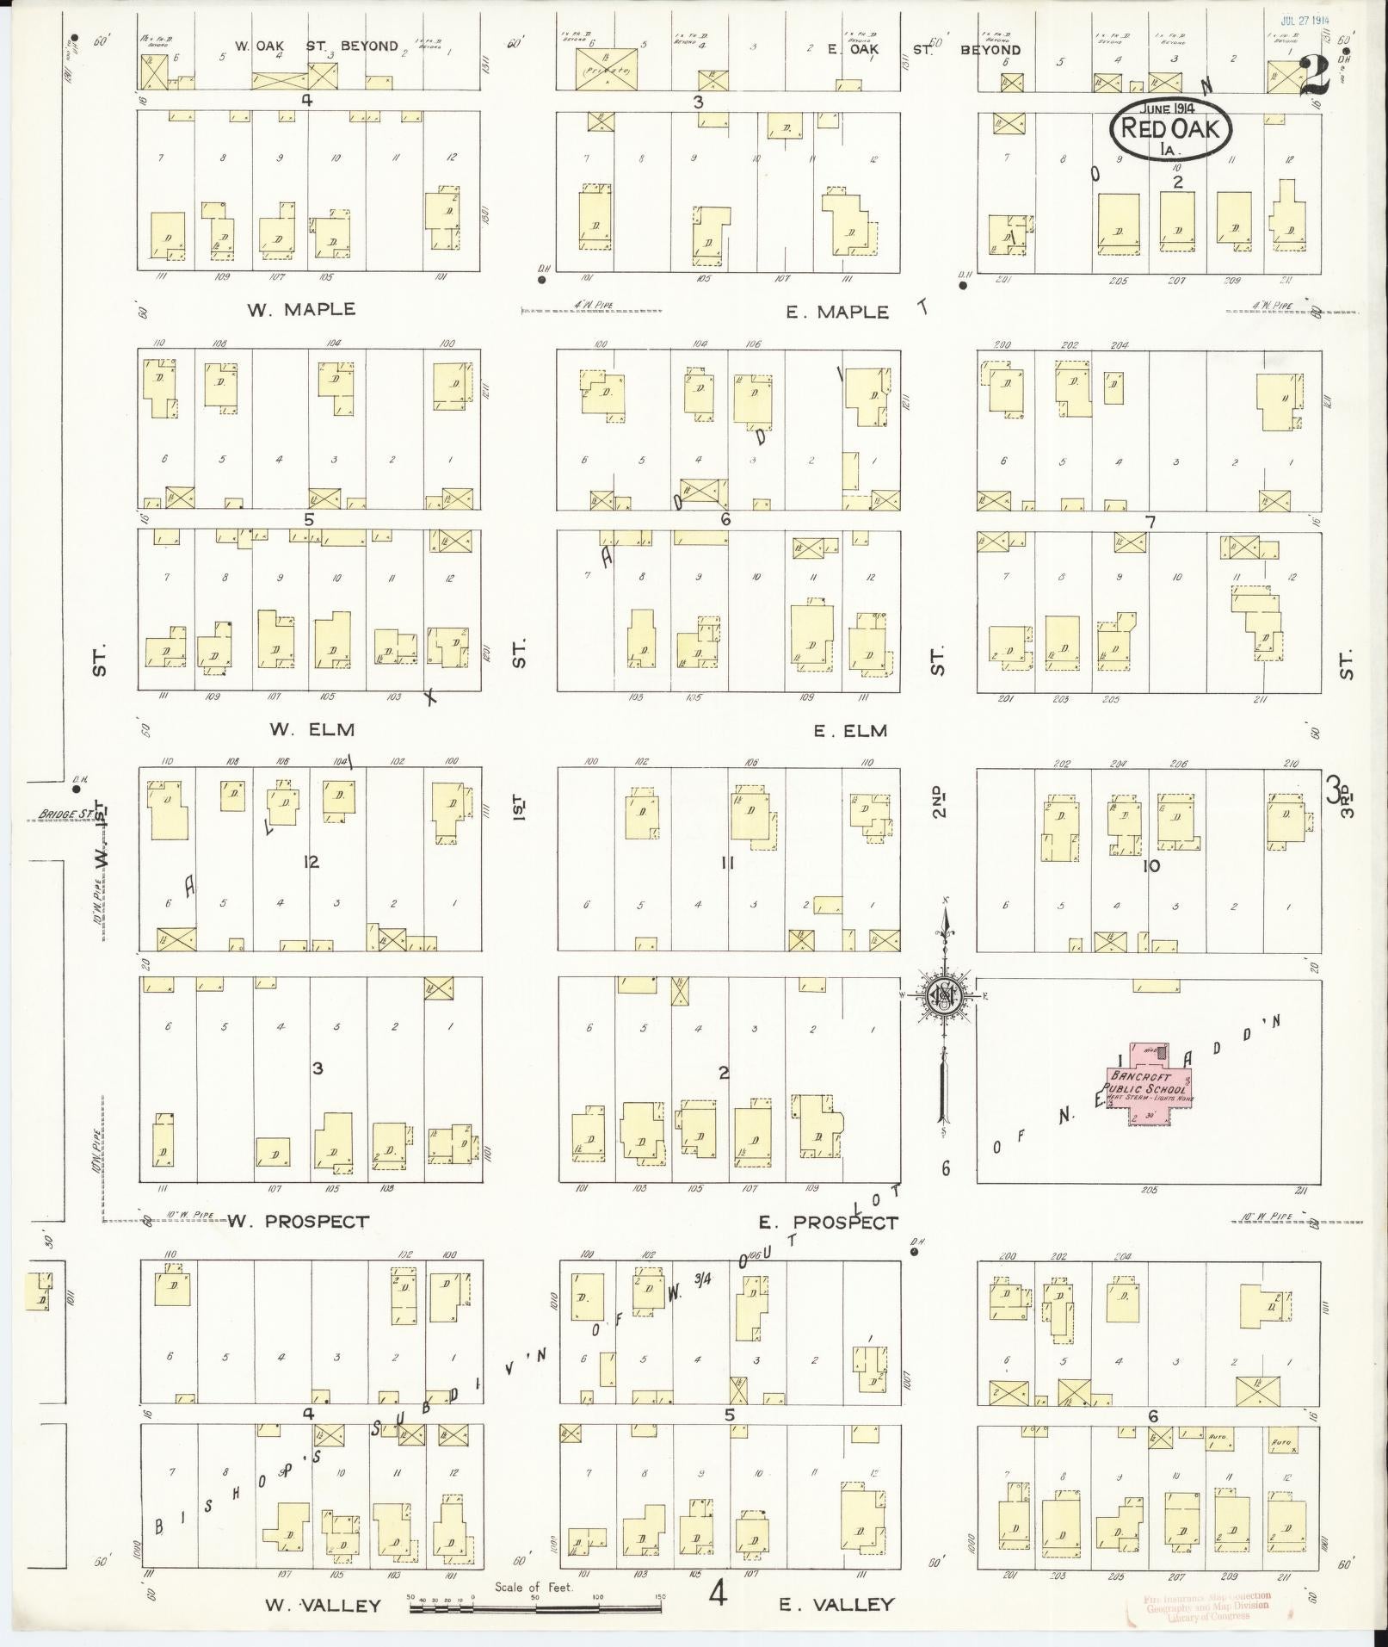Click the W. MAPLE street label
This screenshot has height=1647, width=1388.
tap(301, 310)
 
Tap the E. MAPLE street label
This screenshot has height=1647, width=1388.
tap(836, 312)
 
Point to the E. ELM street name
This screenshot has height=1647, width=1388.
tap(850, 731)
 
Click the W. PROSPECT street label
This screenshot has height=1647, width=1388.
tap(299, 1221)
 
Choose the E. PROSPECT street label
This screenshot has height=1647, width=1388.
tap(828, 1223)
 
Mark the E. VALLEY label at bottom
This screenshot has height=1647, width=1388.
tap(836, 1605)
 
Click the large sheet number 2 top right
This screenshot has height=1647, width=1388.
tap(1315, 76)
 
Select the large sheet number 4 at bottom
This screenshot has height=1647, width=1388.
tap(718, 1595)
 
